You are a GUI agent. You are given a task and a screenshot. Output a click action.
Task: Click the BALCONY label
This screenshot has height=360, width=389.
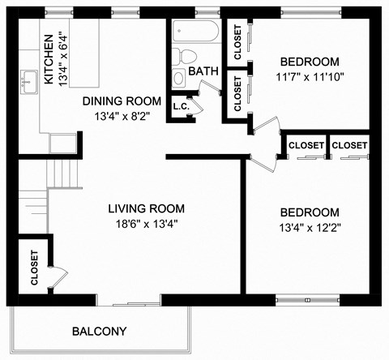[100, 331]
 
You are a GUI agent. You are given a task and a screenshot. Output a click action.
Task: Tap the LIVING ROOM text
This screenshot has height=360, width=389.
[147, 208]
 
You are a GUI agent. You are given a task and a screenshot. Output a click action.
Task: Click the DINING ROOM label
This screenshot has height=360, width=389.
[122, 101]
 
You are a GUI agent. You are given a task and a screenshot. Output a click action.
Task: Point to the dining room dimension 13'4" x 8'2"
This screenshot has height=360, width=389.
[122, 115]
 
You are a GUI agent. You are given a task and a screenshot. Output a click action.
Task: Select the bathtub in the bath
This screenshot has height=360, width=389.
[195, 33]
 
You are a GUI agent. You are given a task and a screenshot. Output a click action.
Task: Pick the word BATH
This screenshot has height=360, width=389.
[203, 71]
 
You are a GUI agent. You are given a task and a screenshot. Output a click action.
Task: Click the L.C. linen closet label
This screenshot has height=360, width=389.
[181, 105]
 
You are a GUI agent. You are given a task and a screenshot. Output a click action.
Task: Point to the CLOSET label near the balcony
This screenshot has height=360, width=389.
[34, 268]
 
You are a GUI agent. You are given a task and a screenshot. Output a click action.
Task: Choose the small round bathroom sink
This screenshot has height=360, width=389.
[179, 78]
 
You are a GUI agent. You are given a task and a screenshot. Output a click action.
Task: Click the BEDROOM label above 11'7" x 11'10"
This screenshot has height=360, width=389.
[309, 62]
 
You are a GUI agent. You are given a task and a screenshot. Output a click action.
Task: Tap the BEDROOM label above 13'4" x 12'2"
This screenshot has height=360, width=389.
[309, 211]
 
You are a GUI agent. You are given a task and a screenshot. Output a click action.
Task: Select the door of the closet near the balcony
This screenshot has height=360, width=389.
[53, 276]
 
